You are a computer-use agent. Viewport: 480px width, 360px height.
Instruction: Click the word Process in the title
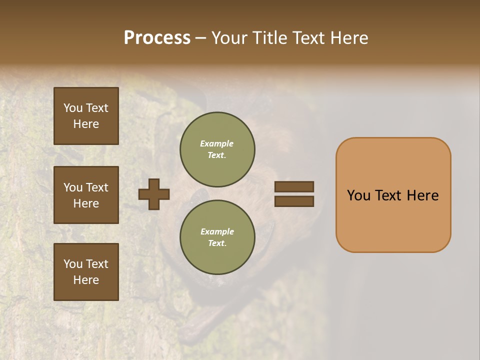157,38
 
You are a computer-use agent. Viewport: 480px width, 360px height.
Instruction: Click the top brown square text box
86,116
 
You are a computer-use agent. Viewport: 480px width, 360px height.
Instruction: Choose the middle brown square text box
86,195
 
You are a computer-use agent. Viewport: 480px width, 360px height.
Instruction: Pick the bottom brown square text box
86,272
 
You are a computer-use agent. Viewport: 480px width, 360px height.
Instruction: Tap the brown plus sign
154,194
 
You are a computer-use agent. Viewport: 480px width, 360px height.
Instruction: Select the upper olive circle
217,149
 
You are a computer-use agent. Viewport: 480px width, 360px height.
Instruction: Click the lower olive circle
217,237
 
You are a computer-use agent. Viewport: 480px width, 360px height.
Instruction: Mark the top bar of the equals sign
294,186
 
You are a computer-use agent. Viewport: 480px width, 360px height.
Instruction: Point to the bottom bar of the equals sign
294,201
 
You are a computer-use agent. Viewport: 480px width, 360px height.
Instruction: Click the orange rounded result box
393,195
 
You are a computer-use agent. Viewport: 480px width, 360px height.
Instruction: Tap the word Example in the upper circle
217,143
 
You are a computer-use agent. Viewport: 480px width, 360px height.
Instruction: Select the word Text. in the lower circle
217,243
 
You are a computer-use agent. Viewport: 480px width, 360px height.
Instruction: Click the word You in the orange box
358,195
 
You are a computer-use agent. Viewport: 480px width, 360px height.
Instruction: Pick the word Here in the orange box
422,195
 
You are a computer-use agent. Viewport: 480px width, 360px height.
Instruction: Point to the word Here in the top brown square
86,124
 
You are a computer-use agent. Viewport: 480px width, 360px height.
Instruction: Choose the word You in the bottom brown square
73,264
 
